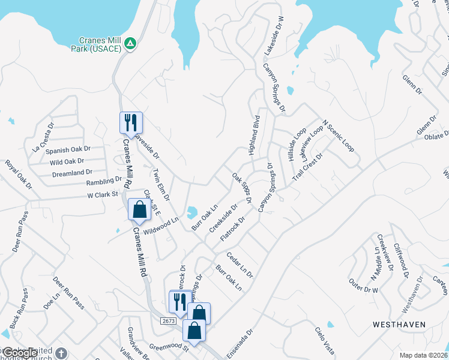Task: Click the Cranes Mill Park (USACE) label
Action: click(x=97, y=44)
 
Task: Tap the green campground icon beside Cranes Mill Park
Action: click(x=130, y=43)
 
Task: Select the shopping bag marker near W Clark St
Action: click(x=139, y=211)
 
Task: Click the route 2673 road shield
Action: click(x=168, y=322)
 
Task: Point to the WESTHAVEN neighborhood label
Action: click(x=399, y=324)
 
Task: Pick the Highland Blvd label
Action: click(x=254, y=134)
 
